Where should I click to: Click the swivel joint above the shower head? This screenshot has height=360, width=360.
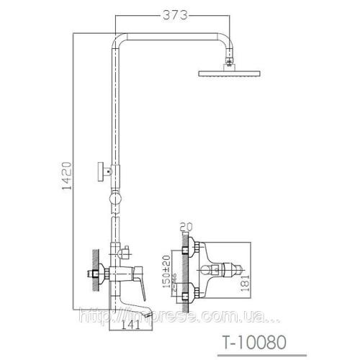click(230, 63)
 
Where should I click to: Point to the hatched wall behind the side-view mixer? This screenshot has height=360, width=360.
click(96, 274)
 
